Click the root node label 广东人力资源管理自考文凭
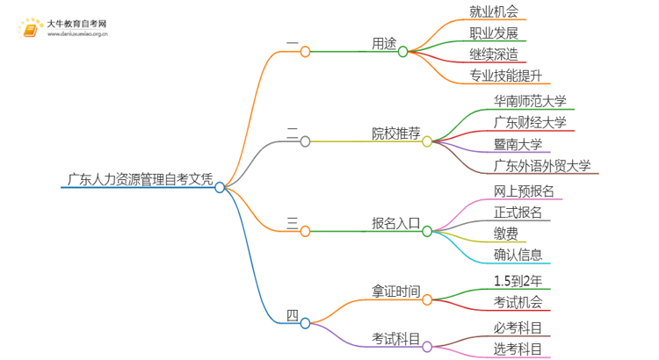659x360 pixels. click(x=140, y=181)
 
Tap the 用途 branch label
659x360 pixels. click(x=383, y=41)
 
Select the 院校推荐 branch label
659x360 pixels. click(x=395, y=133)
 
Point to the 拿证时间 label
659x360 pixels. click(x=395, y=291)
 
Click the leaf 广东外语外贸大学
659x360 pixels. click(x=542, y=165)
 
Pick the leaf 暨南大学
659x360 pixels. click(x=518, y=144)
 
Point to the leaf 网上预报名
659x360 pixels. click(x=524, y=191)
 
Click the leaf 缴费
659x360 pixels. click(x=504, y=234)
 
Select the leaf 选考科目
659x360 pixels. click(x=518, y=349)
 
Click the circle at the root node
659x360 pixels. click(x=221, y=187)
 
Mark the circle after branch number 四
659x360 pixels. click(x=305, y=323)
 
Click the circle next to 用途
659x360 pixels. click(x=403, y=52)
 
